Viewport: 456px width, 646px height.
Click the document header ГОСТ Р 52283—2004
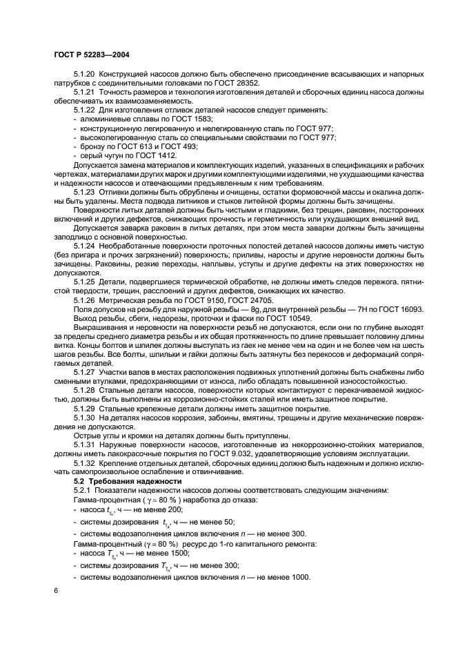pyautogui.click(x=91, y=55)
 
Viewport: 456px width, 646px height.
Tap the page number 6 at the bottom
pyautogui.click(x=56, y=591)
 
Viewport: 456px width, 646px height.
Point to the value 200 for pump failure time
pyautogui.click(x=166, y=509)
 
